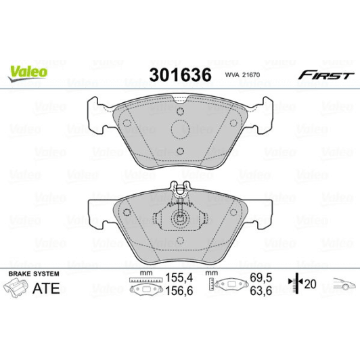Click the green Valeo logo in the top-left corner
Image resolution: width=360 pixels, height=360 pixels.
27,69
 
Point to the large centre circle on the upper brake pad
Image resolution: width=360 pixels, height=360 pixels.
180,131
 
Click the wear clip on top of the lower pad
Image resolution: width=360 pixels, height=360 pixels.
180,192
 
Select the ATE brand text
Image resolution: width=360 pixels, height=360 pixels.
47,288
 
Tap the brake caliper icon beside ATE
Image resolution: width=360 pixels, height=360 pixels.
18,289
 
